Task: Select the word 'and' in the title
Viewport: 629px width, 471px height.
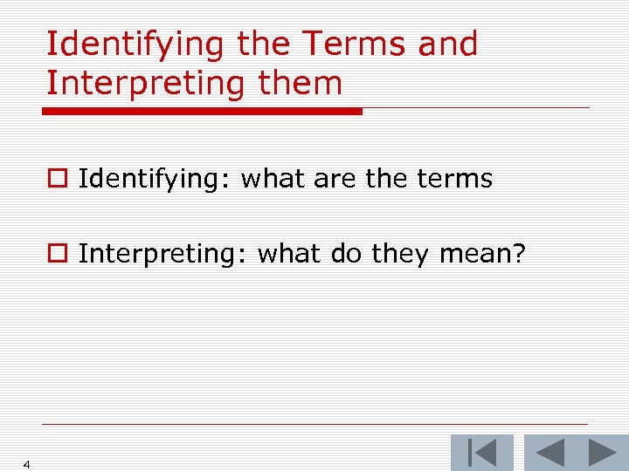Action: click(x=448, y=44)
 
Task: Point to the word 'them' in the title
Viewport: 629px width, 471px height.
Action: click(x=301, y=84)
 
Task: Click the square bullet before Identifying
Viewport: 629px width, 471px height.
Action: click(x=58, y=180)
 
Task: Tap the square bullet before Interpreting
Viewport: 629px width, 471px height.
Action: click(x=58, y=254)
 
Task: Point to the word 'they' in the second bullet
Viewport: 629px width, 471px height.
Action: click(x=400, y=254)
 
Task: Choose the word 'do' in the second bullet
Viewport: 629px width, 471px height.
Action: click(x=347, y=254)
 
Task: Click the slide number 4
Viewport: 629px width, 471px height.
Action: click(x=27, y=464)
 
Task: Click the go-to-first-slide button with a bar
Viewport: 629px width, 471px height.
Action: click(x=481, y=453)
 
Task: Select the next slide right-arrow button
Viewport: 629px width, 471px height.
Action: click(x=602, y=453)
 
